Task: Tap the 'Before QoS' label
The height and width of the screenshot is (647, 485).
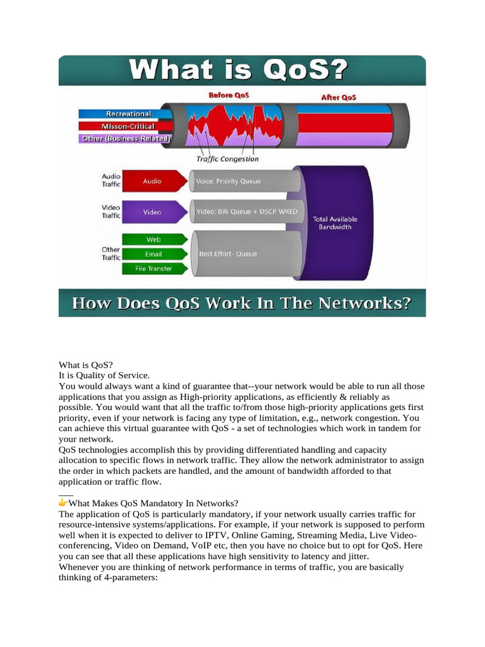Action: pyautogui.click(x=228, y=96)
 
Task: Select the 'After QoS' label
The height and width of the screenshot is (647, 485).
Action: pyautogui.click(x=339, y=97)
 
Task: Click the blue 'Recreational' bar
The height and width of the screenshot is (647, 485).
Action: pyautogui.click(x=125, y=114)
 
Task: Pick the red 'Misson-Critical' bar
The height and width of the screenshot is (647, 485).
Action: pyautogui.click(x=125, y=126)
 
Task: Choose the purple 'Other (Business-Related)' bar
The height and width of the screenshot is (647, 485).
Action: pyautogui.click(x=125, y=138)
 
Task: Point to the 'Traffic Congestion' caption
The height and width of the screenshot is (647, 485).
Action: pyautogui.click(x=227, y=159)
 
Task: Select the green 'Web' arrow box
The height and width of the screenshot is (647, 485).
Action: pyautogui.click(x=153, y=239)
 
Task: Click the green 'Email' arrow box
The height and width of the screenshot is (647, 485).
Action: pyautogui.click(x=153, y=254)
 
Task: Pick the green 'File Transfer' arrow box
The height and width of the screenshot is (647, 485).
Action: pyautogui.click(x=153, y=269)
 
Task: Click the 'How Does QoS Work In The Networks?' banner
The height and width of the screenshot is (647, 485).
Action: pyautogui.click(x=242, y=303)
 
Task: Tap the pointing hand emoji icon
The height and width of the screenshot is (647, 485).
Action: pyautogui.click(x=63, y=503)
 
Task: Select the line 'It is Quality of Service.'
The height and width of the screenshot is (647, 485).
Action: pyautogui.click(x=105, y=375)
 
